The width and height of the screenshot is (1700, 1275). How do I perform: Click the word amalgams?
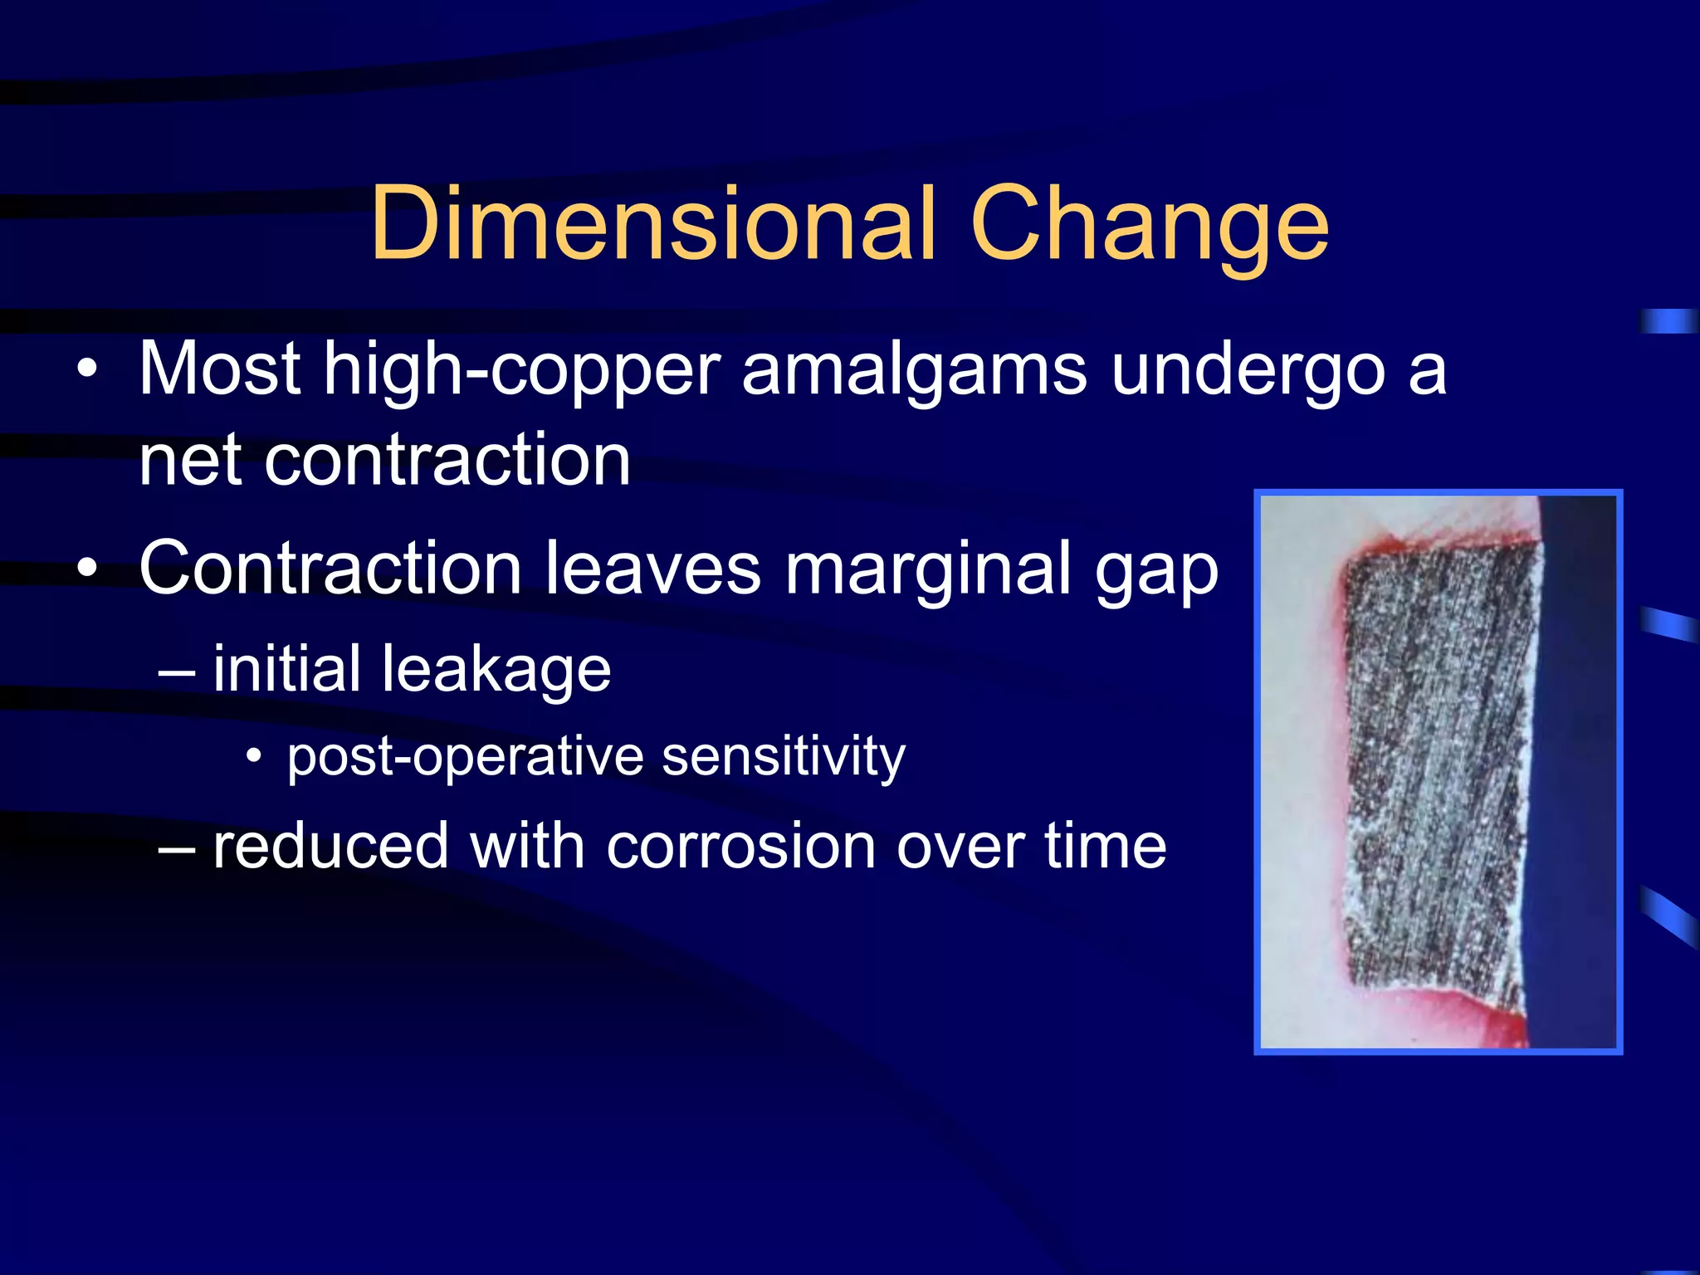tap(914, 372)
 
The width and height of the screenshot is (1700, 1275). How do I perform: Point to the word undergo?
tap(1248, 372)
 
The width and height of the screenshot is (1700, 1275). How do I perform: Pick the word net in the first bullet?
tap(192, 461)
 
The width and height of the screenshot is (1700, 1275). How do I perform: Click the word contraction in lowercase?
tap(447, 461)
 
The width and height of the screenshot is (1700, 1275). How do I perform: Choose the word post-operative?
tap(466, 758)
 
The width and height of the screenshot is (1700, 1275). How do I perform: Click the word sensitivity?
tap(784, 758)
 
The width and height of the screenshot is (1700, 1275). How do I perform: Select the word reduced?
tap(330, 847)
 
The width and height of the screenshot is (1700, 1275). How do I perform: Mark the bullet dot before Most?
tap(87, 369)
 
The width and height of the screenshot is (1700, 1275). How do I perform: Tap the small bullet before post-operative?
tap(254, 756)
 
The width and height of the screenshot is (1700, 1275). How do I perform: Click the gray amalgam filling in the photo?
tap(1436, 772)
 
